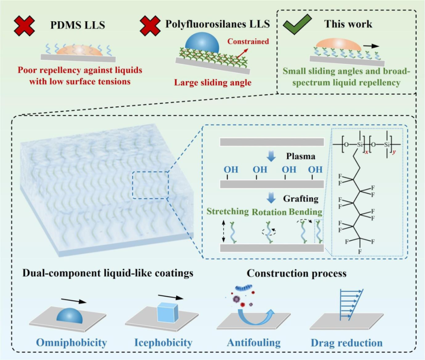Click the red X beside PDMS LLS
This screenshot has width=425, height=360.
click(x=24, y=26)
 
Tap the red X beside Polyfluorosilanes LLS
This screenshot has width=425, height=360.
click(x=150, y=26)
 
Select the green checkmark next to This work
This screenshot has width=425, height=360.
click(x=297, y=24)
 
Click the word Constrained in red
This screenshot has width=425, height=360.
click(x=248, y=41)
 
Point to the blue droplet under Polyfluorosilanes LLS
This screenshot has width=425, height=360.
click(x=202, y=43)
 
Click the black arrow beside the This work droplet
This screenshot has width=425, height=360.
click(x=371, y=46)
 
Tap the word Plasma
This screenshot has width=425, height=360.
click(x=301, y=156)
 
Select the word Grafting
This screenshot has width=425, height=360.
click(x=301, y=199)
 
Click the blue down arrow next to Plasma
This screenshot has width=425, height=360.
click(x=271, y=156)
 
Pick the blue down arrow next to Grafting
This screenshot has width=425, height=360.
click(x=271, y=198)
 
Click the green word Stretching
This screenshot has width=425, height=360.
click(x=228, y=212)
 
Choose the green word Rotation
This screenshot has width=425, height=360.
click(x=269, y=212)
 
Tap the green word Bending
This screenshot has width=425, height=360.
click(x=305, y=212)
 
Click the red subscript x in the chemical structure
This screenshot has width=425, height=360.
click(x=366, y=152)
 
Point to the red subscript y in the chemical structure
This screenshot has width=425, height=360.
click(x=394, y=152)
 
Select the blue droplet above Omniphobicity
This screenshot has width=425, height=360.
click(x=69, y=315)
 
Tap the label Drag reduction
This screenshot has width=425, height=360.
click(x=346, y=343)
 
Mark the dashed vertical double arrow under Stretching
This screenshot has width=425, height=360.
click(x=224, y=231)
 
